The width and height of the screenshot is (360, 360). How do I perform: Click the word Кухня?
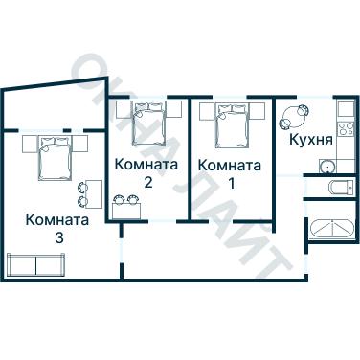(x=311, y=140)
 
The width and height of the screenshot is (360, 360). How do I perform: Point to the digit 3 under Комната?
(x=58, y=236)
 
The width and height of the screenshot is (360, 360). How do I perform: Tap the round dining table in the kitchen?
(x=293, y=120)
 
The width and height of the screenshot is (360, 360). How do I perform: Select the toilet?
(x=336, y=186)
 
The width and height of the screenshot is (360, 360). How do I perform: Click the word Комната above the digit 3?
(x=58, y=219)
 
